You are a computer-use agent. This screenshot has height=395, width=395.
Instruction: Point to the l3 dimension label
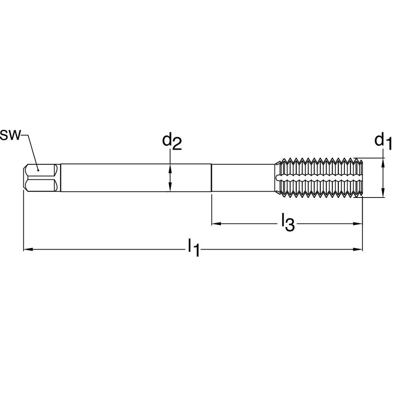tap(287, 223)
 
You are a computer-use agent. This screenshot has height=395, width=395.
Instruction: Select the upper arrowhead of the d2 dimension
tap(170, 167)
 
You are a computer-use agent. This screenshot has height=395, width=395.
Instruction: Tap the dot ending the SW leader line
tap(38, 170)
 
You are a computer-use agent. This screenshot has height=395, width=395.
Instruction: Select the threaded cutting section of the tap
tap(320, 178)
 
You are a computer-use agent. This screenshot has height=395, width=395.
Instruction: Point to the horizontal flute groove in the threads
tap(316, 178)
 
